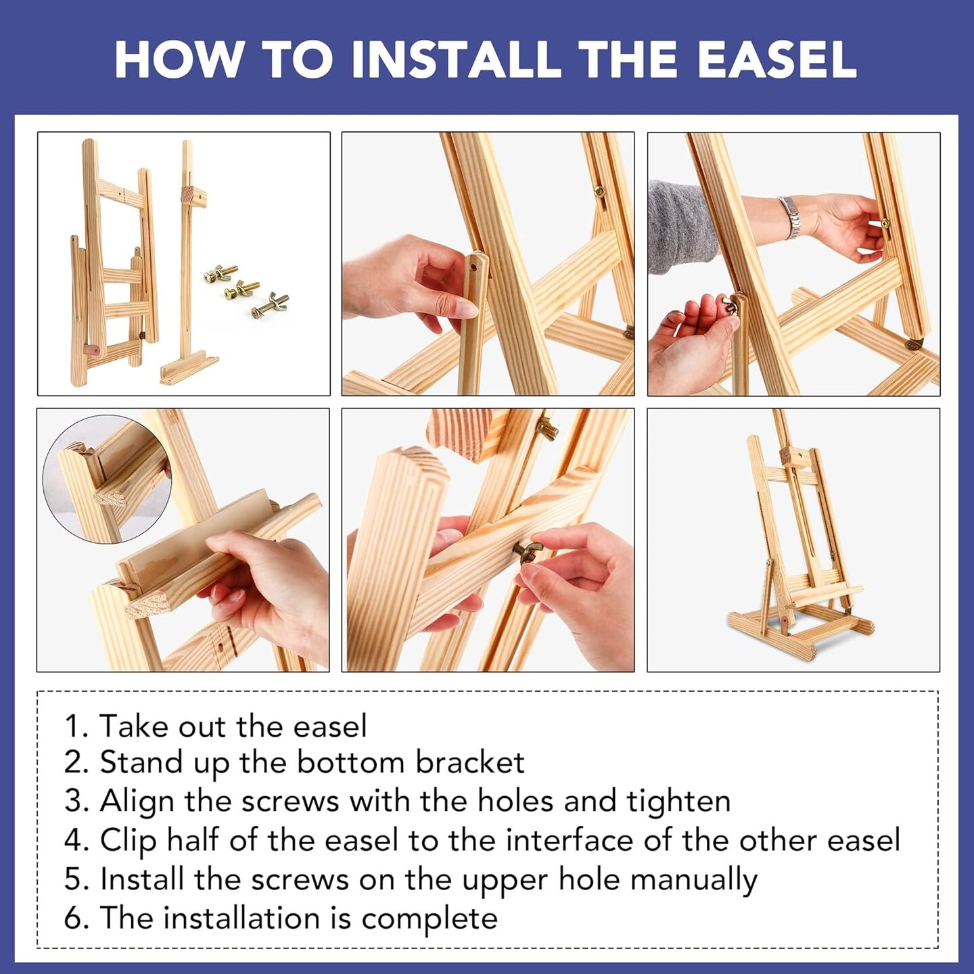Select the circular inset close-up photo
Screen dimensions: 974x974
click(x=107, y=480)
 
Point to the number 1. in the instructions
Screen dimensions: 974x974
click(x=77, y=727)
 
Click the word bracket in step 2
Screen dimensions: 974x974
click(x=470, y=764)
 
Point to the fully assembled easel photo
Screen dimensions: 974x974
click(x=793, y=539)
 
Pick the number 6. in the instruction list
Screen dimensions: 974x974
click(x=77, y=919)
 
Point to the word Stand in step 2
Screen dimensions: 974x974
click(x=141, y=764)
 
